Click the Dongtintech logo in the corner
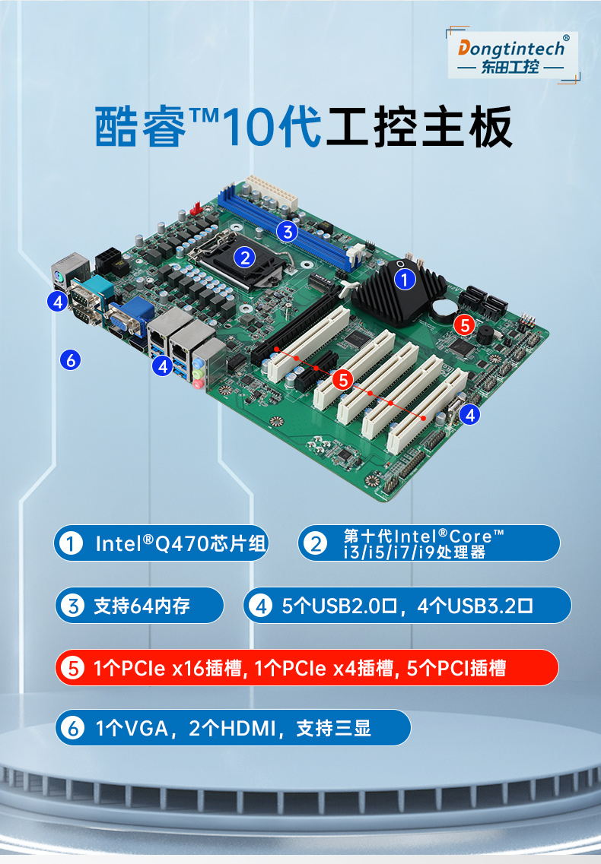point(513,55)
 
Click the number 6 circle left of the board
point(71,359)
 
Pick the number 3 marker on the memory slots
point(286,232)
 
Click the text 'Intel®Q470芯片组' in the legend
point(180,543)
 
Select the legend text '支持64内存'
point(142,606)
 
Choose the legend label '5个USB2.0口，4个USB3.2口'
point(407,606)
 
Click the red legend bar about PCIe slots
point(307,668)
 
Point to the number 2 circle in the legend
point(314,543)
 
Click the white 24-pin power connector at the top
point(270,195)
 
